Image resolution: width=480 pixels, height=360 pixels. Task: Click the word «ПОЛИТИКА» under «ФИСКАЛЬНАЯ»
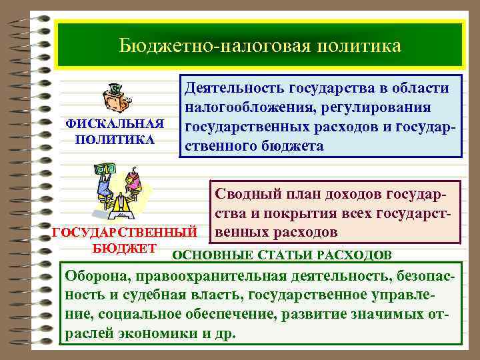[115, 141]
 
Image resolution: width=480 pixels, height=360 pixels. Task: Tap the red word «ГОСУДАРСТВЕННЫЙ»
[124, 233]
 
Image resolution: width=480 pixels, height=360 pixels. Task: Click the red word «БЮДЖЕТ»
[124, 249]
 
